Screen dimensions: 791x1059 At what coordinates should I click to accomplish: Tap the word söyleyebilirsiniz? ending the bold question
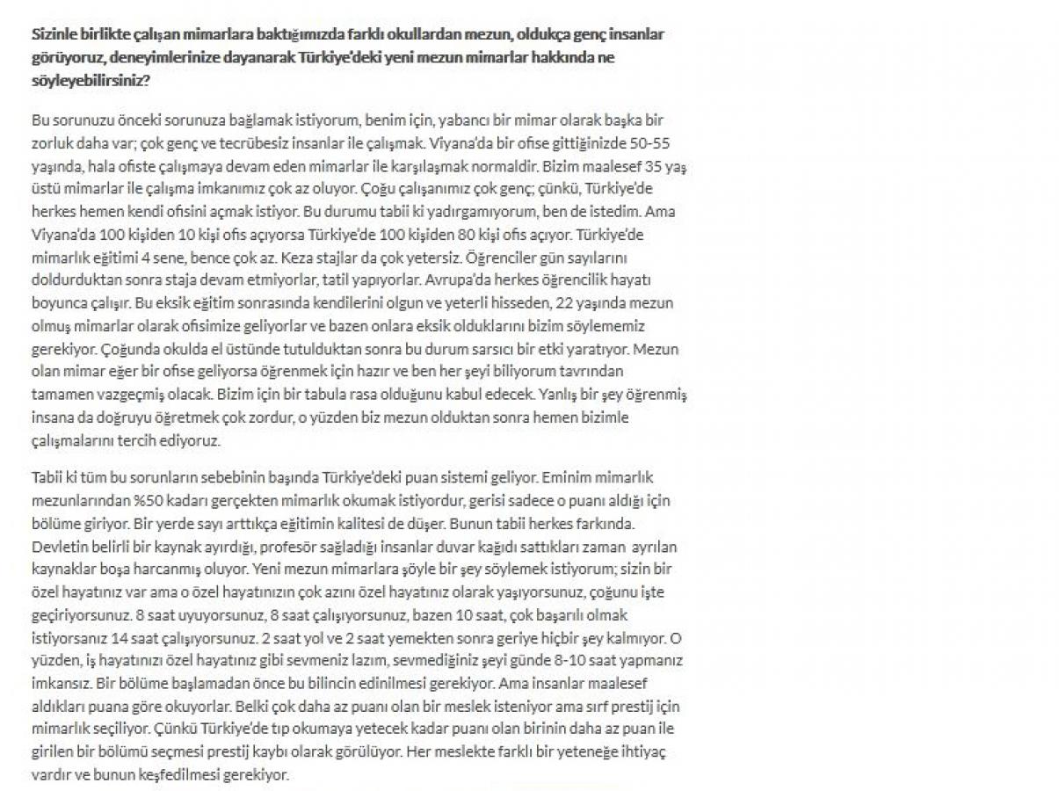point(90,79)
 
